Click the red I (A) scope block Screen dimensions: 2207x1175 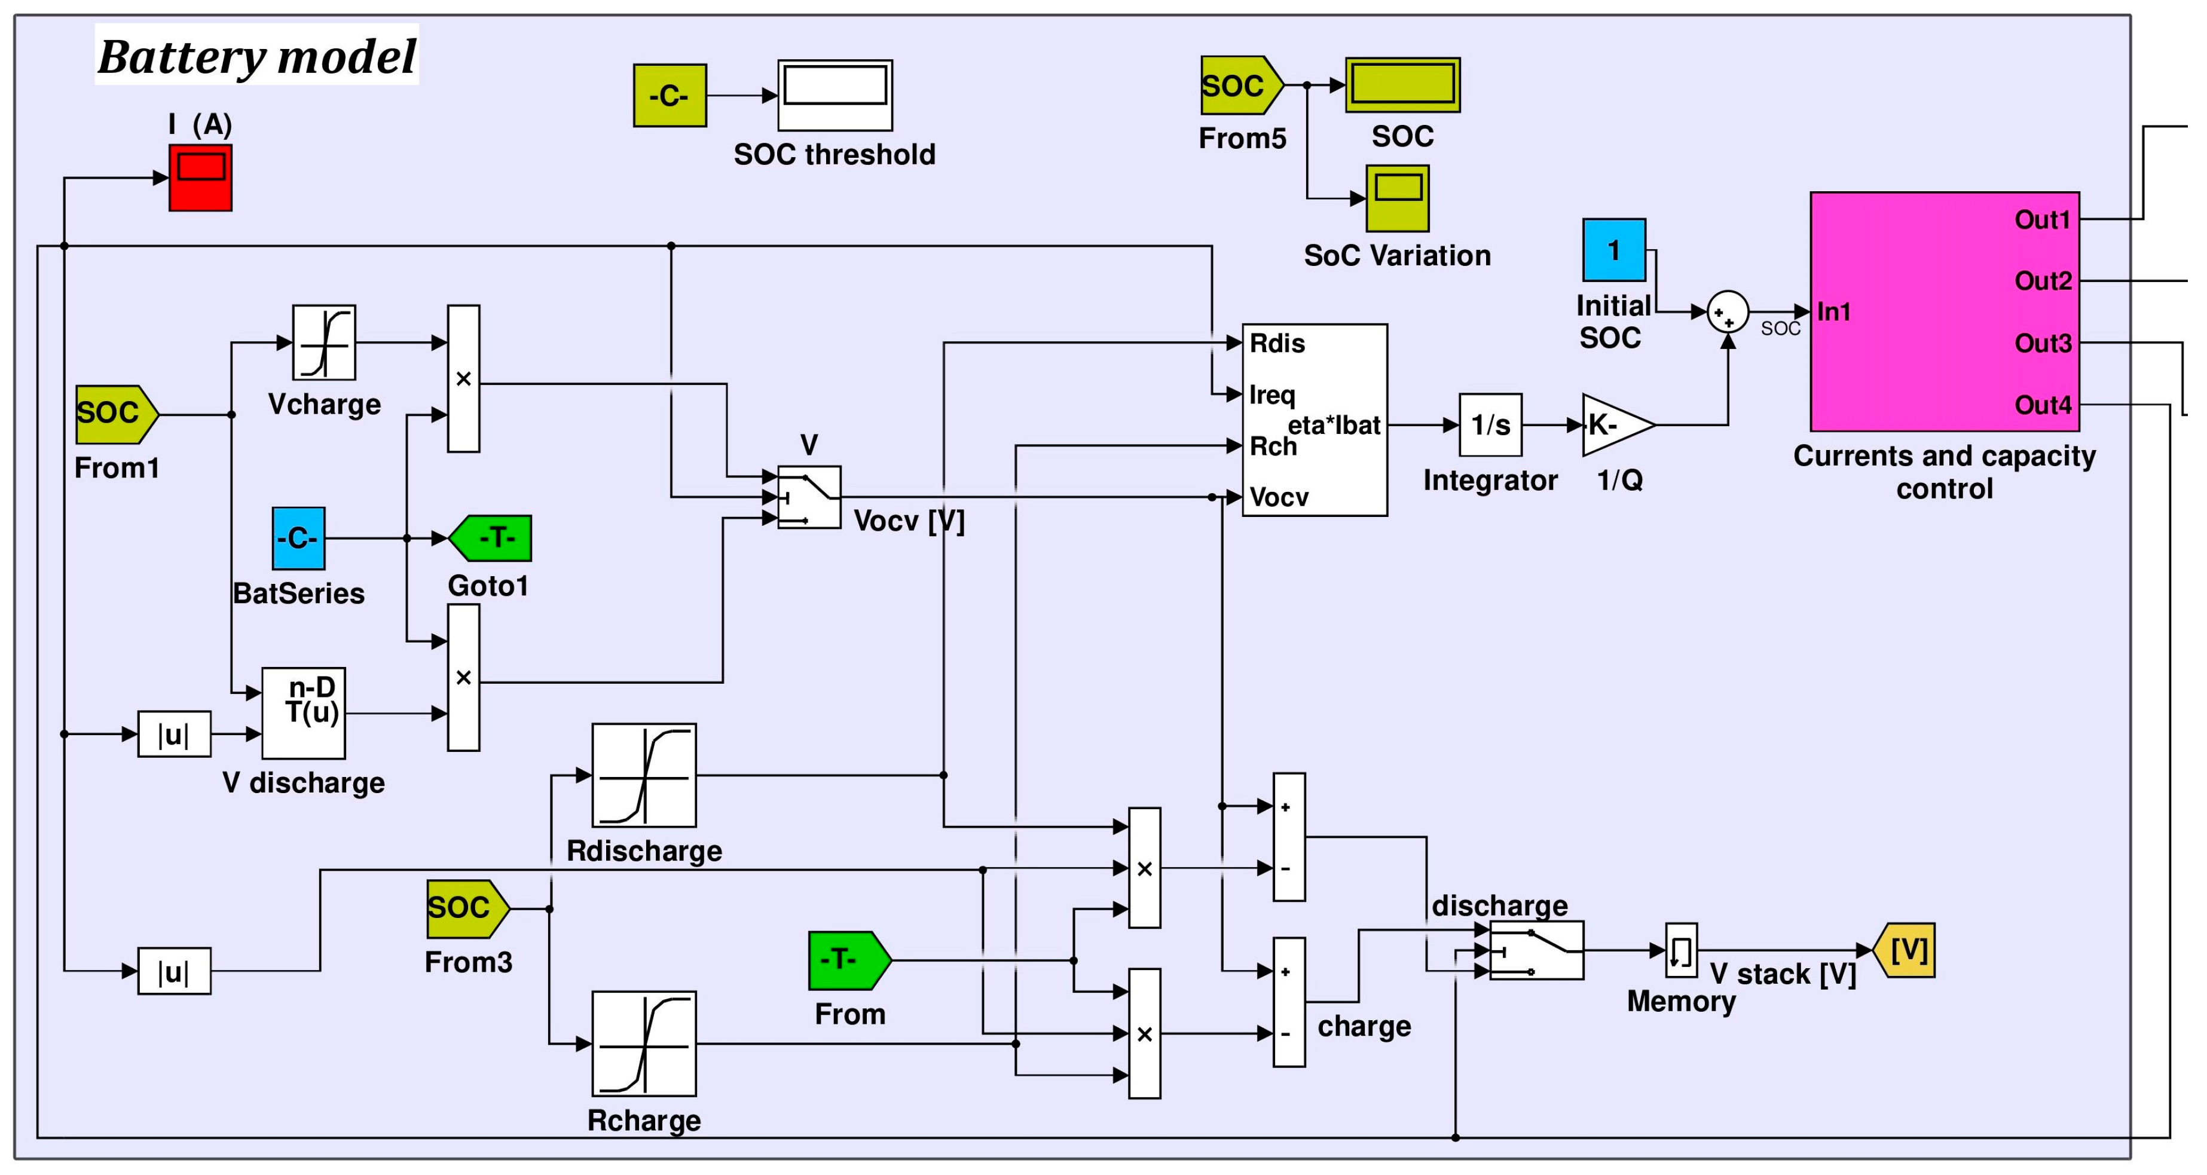click(200, 178)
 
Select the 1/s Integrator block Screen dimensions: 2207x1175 click(1491, 425)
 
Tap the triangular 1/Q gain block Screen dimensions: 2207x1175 click(1618, 425)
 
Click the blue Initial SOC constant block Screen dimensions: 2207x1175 click(1614, 250)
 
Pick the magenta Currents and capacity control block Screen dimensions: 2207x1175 click(1945, 312)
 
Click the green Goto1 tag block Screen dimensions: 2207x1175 click(490, 538)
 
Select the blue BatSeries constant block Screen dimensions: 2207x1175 click(299, 538)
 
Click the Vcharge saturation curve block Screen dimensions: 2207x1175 click(324, 342)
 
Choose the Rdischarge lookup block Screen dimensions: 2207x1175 click(644, 775)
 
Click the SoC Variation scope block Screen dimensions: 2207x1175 click(1398, 198)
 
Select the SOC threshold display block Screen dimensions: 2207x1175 click(835, 95)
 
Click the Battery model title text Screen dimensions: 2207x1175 click(257, 57)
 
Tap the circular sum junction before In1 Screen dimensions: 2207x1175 click(1728, 313)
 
